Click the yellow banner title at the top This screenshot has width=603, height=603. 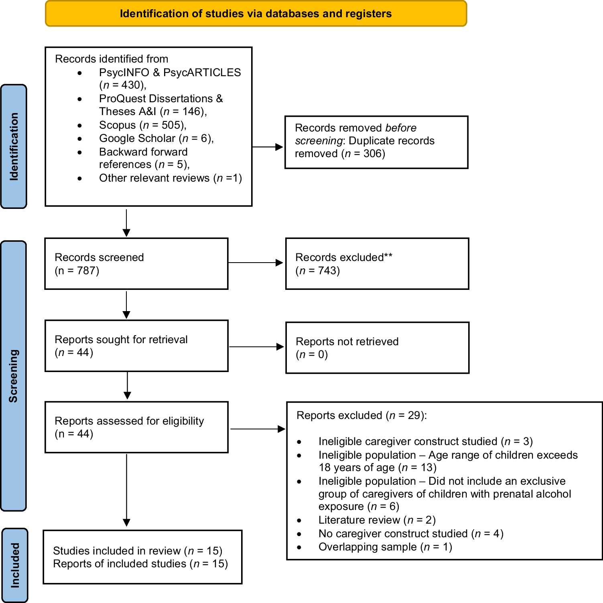pos(256,14)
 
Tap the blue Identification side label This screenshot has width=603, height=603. pos(14,146)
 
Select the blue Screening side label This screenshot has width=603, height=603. pos(14,376)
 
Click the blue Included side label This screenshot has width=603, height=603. pos(15,565)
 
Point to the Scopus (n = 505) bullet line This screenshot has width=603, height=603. pos(142,125)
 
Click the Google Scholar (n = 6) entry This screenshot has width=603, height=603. pos(156,138)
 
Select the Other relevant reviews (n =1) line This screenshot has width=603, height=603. pos(170,178)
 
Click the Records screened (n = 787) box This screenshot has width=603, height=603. pos(136,263)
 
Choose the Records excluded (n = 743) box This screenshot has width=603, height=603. pos(377,263)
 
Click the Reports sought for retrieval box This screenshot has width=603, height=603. pos(136,346)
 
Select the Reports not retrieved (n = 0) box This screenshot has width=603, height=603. pos(377,348)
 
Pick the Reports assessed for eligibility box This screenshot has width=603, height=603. pos(136,427)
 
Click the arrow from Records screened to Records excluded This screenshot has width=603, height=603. pos(256,263)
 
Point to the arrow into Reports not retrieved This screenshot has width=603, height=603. pos(256,347)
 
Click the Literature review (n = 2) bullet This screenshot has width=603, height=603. pos(377,520)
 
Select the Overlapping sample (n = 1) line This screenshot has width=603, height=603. pos(385,547)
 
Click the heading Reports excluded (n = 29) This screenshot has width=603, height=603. pos(361,415)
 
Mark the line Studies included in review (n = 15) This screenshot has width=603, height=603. pos(138,551)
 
